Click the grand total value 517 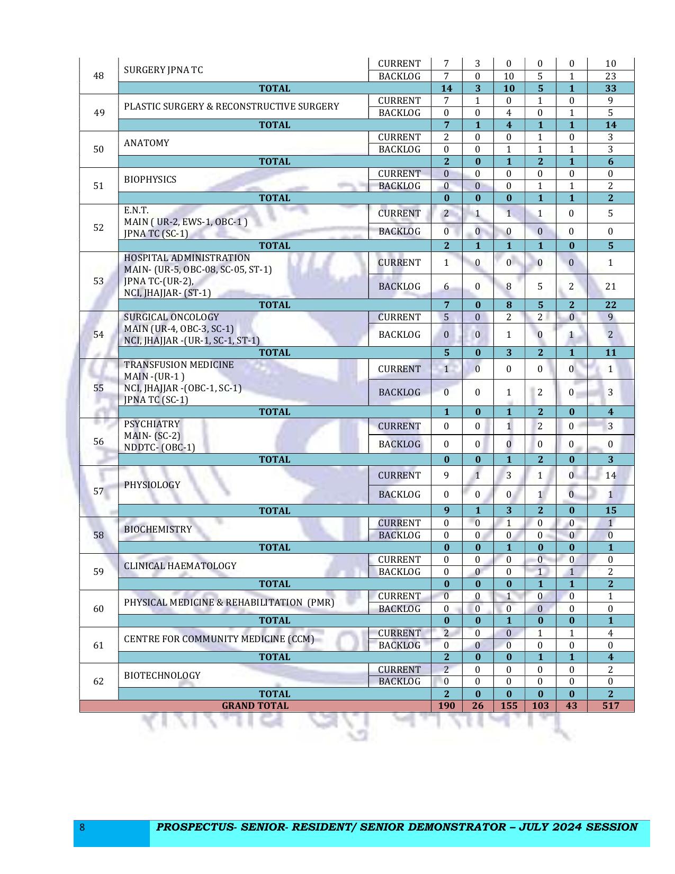[610, 706]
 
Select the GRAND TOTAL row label [255, 706]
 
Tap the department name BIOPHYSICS [150, 179]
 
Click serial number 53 [98, 281]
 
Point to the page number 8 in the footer [82, 827]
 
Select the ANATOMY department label [147, 143]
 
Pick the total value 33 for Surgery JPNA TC [610, 88]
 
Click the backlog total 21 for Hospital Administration [610, 286]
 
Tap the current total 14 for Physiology [610, 475]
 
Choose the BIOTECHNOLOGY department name [162, 675]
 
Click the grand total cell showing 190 [446, 706]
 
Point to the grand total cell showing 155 [509, 706]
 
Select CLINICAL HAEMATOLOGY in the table [180, 566]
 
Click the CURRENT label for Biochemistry [399, 523]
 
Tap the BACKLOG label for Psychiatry [399, 444]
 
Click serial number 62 [98, 681]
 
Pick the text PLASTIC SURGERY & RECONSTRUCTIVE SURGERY [231, 106]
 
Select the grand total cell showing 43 [571, 706]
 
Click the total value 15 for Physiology [610, 511]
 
